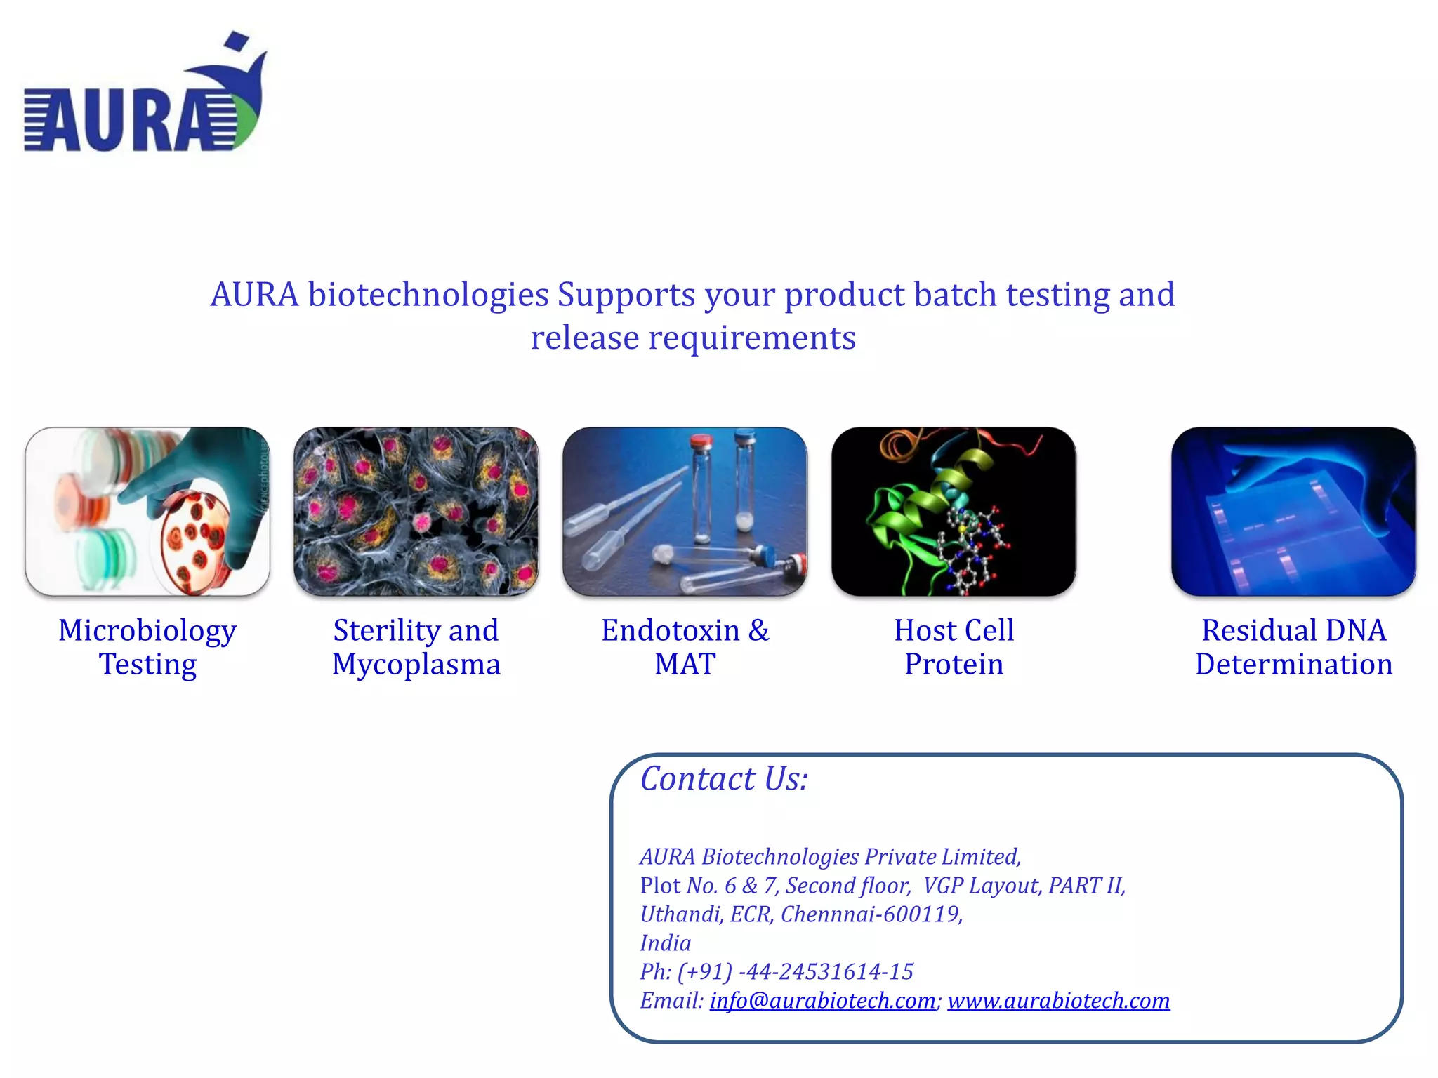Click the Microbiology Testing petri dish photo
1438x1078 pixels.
[147, 511]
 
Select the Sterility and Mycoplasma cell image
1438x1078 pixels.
[416, 511]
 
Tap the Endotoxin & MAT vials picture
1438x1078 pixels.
[685, 511]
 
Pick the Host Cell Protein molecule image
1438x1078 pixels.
[954, 511]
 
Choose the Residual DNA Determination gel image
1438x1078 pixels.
[1293, 511]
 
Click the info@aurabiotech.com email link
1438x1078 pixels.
[822, 1000]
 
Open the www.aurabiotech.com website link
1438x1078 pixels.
[1058, 1000]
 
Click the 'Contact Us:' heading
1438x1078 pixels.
[724, 779]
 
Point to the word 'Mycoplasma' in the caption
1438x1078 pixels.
[416, 665]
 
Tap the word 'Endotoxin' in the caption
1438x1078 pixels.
[670, 630]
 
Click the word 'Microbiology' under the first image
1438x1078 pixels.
[147, 631]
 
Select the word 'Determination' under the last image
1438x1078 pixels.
[1293, 665]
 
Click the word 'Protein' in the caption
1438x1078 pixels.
[954, 665]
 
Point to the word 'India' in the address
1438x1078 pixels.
[665, 943]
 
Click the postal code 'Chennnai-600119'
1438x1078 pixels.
[870, 914]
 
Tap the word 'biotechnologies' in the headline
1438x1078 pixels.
[428, 295]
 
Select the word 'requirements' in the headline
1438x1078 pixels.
[751, 338]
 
